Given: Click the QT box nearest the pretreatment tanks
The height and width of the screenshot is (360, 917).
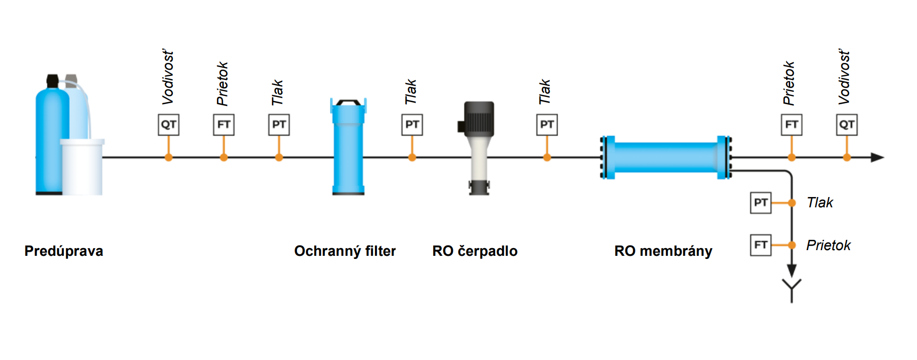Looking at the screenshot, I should pyautogui.click(x=169, y=125).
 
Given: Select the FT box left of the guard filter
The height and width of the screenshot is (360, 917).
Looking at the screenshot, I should pyautogui.click(x=224, y=125).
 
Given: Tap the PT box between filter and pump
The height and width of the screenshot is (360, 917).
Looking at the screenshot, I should pyautogui.click(x=412, y=125).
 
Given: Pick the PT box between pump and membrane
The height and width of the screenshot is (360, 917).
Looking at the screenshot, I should pyautogui.click(x=547, y=125).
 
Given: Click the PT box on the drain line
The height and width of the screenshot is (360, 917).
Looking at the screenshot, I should pyautogui.click(x=761, y=203).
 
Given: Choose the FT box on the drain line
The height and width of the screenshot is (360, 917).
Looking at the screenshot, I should pyautogui.click(x=761, y=245).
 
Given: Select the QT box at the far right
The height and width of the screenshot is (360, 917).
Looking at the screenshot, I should pyautogui.click(x=847, y=125).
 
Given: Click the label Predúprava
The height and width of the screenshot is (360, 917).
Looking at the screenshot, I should pyautogui.click(x=64, y=251).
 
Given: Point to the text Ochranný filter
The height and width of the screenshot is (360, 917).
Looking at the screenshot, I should pyautogui.click(x=345, y=251).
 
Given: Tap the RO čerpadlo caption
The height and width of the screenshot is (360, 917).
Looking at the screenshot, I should pyautogui.click(x=475, y=251).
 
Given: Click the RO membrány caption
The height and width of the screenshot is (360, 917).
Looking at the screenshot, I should pyautogui.click(x=663, y=251).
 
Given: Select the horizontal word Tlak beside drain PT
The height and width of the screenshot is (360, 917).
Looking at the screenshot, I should pyautogui.click(x=820, y=203).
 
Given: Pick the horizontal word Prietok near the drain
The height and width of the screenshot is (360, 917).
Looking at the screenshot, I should pyautogui.click(x=828, y=246).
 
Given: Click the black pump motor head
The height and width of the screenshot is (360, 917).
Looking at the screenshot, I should pyautogui.click(x=479, y=119).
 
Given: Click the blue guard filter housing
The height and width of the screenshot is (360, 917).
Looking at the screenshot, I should pyautogui.click(x=348, y=150).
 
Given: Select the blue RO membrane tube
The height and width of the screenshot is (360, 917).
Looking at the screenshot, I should pyautogui.click(x=665, y=157).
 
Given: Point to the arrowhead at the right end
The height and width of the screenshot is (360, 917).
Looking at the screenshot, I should pyautogui.click(x=877, y=157).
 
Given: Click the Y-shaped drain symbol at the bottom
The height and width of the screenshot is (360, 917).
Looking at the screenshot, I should pyautogui.click(x=792, y=289).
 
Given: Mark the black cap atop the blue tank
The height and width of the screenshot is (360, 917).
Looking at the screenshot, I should pyautogui.click(x=52, y=81).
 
